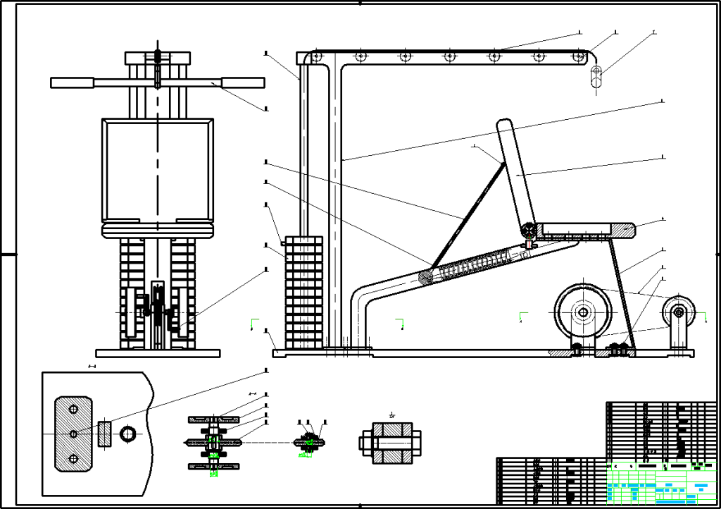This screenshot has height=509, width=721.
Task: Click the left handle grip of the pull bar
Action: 73,82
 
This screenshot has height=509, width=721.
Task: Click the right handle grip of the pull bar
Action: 243,82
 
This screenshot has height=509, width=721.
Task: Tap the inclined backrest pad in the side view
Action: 516,176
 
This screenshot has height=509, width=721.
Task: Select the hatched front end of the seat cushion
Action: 623,229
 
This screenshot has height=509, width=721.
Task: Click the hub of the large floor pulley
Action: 582,312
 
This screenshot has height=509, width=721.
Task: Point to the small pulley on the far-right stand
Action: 679,311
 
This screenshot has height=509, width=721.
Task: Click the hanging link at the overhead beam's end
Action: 596,76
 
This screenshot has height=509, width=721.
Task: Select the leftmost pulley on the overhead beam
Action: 317,56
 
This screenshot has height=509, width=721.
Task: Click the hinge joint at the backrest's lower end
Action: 527,230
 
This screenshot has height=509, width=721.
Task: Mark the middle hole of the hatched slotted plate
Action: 73,433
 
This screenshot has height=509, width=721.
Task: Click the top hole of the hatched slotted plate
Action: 73,408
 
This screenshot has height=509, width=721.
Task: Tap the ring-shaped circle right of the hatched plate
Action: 130,433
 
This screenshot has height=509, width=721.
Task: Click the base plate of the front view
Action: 158,352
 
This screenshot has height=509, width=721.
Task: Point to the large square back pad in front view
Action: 158,169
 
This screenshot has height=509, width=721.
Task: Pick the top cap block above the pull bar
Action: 158,57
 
